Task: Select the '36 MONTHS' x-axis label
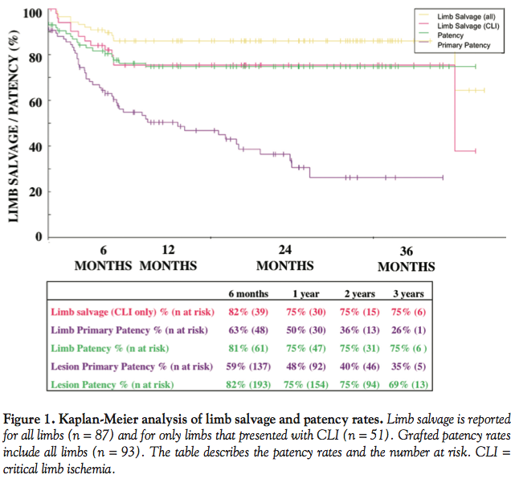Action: (x=407, y=258)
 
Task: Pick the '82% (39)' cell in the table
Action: (x=248, y=312)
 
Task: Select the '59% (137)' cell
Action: (x=248, y=367)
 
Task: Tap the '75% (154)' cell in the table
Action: (x=306, y=386)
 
